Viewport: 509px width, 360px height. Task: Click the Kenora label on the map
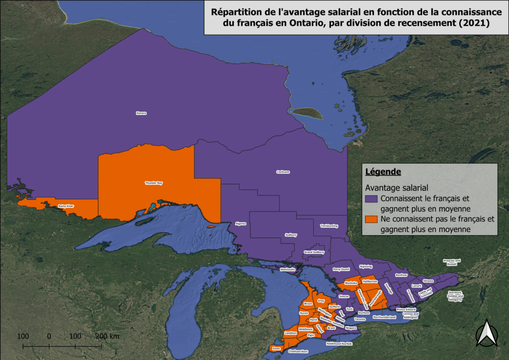point(141,113)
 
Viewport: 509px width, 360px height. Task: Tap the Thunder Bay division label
point(154,183)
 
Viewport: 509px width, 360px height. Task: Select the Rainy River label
point(66,206)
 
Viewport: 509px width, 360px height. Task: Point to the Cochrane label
point(283,172)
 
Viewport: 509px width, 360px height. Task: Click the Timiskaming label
point(329,226)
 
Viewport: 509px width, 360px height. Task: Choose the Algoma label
point(241,223)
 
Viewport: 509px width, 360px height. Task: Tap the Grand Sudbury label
point(314,253)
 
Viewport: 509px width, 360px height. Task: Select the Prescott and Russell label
point(452,263)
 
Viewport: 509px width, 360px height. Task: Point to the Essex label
point(276,349)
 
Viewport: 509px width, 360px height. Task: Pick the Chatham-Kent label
point(298,352)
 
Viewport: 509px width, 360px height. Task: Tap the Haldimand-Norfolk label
point(339,344)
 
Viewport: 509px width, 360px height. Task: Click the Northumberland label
point(384,317)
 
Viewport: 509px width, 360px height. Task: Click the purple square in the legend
point(369,198)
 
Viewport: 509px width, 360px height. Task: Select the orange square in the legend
point(369,219)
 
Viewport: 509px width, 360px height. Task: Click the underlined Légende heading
point(383,172)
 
